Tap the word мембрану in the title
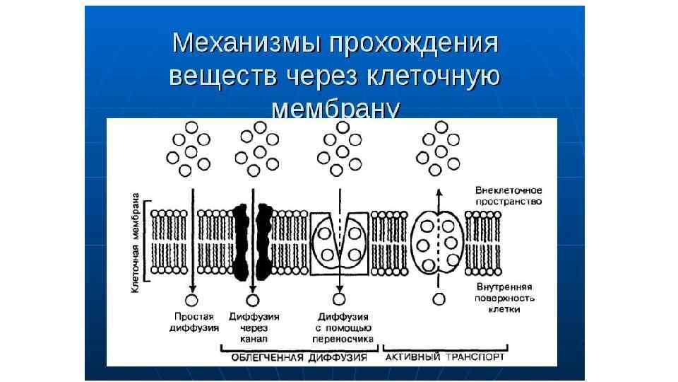click(335, 110)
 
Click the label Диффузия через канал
click(254, 328)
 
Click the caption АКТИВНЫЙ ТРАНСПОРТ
click(445, 358)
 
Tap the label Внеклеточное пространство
click(508, 196)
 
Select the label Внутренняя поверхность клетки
click(504, 298)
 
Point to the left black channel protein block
click(242, 241)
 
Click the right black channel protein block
click(266, 241)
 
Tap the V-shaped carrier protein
click(339, 241)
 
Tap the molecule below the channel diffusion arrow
click(253, 299)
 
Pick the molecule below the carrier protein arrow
click(340, 300)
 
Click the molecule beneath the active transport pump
click(439, 299)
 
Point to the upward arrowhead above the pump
click(439, 192)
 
